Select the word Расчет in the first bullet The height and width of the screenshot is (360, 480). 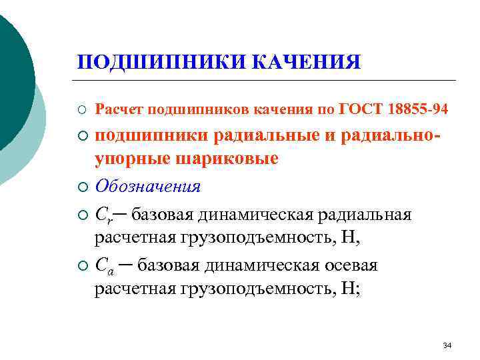coord(120,107)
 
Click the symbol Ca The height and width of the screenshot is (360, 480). coord(104,266)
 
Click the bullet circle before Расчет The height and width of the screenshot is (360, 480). coord(82,108)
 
